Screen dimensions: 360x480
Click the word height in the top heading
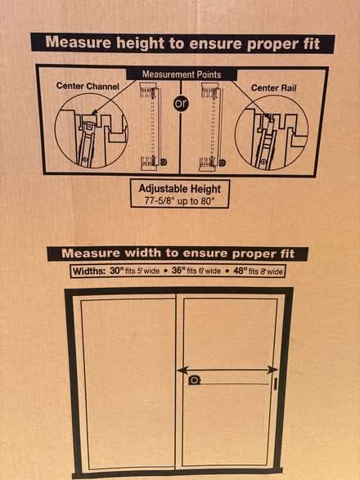pyautogui.click(x=141, y=43)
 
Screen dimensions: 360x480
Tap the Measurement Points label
pyautogui.click(x=182, y=74)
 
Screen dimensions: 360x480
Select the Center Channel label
pyautogui.click(x=88, y=86)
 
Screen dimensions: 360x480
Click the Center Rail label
pyautogui.click(x=273, y=88)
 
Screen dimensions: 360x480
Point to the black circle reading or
pyautogui.click(x=181, y=104)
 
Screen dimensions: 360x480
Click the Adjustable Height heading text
pyautogui.click(x=180, y=189)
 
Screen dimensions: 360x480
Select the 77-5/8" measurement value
pyautogui.click(x=159, y=201)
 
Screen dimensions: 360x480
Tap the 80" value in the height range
pyautogui.click(x=208, y=201)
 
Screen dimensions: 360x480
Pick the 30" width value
pyautogui.click(x=116, y=271)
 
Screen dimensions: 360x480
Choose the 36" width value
pyautogui.click(x=178, y=271)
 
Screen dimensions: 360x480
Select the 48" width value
pyautogui.click(x=240, y=271)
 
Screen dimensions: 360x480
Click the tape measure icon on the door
pyautogui.click(x=194, y=380)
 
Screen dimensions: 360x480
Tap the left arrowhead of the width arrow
pyautogui.click(x=182, y=370)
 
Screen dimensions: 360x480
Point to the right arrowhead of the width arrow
pyautogui.click(x=272, y=370)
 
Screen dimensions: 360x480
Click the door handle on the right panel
pyautogui.click(x=276, y=384)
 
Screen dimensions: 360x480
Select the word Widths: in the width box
pyautogui.click(x=89, y=271)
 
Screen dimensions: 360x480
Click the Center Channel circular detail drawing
pyautogui.click(x=92, y=131)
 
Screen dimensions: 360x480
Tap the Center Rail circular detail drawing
pyautogui.click(x=272, y=132)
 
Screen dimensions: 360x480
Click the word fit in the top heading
pyautogui.click(x=312, y=44)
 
